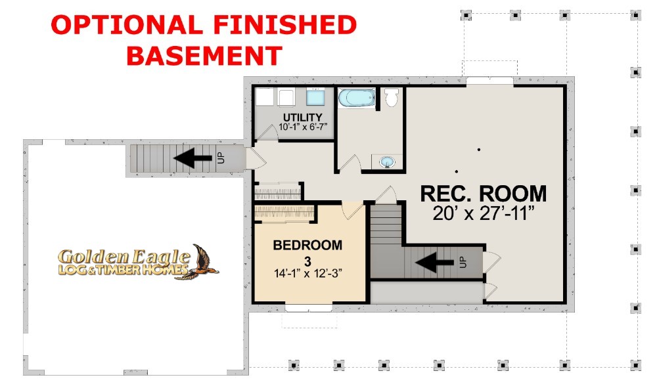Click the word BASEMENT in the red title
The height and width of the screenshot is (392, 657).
coord(204,55)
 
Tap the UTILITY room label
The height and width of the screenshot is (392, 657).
coord(302,118)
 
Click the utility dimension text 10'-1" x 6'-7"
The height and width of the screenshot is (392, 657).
coord(302,127)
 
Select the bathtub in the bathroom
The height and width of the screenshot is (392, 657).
coord(357,98)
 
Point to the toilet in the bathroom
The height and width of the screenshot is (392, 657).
coord(392,97)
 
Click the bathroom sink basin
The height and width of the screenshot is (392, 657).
coord(387,162)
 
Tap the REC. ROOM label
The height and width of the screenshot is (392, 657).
coord(483,194)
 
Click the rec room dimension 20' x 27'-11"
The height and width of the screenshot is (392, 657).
coord(484,213)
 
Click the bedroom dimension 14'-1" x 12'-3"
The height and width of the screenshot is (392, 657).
coord(308,273)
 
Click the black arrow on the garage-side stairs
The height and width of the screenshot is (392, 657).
coord(193,158)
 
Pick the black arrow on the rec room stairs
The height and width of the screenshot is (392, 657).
coord(434,263)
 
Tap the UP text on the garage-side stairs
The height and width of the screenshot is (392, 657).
coord(221,158)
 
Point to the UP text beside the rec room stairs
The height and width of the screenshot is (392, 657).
coord(463,262)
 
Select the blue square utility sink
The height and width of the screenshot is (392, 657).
coord(315,97)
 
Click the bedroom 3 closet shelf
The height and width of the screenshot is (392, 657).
coord(284,213)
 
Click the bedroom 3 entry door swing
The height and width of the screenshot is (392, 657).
coord(351,211)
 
